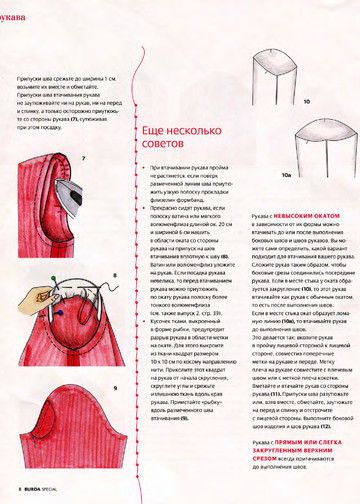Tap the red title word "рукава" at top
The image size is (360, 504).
tap(15, 14)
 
